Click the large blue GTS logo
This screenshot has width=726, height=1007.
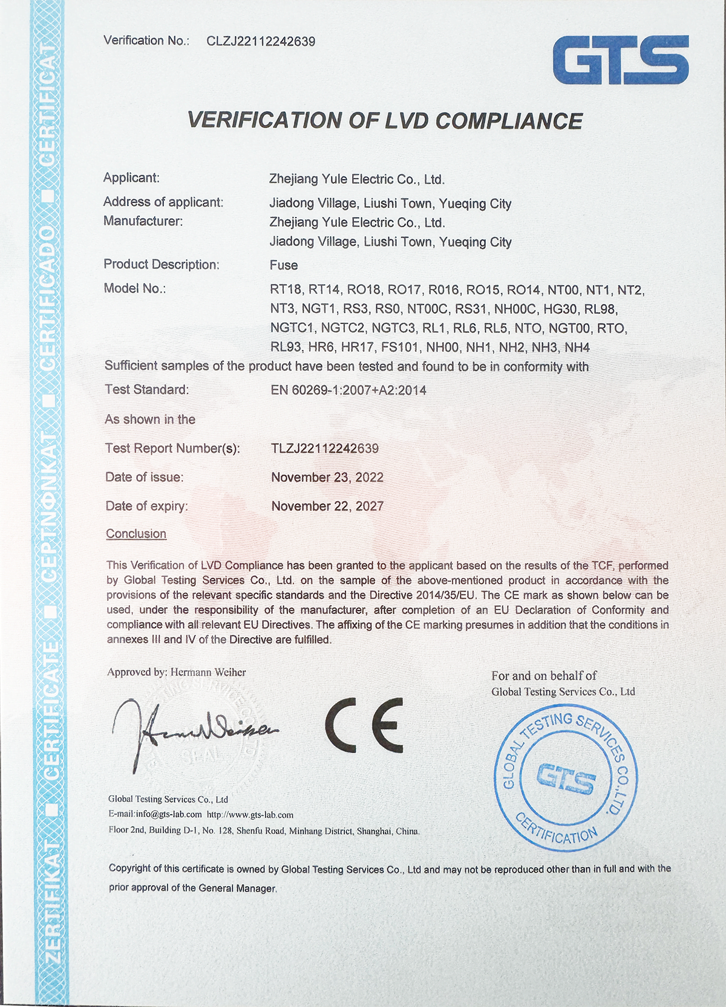[x=620, y=59]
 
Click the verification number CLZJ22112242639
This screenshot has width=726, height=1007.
[x=261, y=41]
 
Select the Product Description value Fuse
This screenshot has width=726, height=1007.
[x=284, y=265]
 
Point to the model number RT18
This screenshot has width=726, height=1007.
[x=286, y=290]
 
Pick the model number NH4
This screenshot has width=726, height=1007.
[x=577, y=348]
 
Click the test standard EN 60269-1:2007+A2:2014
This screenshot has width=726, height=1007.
[x=348, y=390]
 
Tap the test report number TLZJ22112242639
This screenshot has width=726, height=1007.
[x=325, y=448]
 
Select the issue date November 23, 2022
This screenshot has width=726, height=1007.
[x=327, y=478]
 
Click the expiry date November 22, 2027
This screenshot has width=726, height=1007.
[x=327, y=507]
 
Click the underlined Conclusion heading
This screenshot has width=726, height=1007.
[x=136, y=534]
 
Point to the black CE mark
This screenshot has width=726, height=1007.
[x=364, y=725]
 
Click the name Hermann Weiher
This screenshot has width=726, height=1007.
[x=208, y=672]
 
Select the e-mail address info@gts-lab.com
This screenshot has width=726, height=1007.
[x=169, y=815]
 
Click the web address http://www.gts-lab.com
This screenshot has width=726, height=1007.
[x=250, y=815]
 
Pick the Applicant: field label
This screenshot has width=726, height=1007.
[x=131, y=178]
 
